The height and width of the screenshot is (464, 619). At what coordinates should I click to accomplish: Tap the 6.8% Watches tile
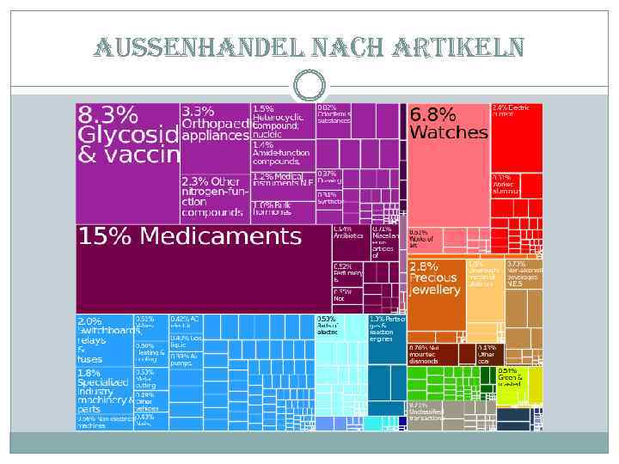click(x=447, y=163)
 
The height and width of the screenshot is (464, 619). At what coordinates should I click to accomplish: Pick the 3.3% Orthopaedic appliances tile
click(x=214, y=137)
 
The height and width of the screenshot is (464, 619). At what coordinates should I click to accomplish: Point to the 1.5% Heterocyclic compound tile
click(x=282, y=121)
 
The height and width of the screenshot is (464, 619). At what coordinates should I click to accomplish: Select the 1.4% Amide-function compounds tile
click(x=282, y=155)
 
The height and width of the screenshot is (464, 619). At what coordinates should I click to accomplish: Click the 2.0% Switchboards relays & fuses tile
click(x=104, y=339)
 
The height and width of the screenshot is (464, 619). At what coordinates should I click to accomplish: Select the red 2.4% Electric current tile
click(x=516, y=137)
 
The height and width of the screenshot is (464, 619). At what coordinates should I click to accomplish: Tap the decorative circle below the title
click(x=309, y=84)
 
